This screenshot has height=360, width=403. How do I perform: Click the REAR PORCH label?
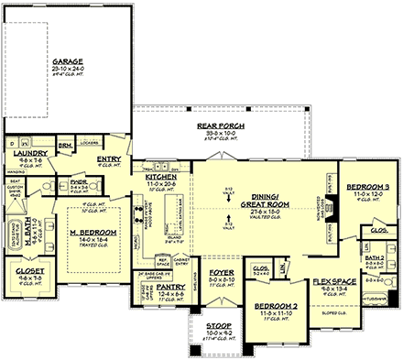(x=212, y=125)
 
